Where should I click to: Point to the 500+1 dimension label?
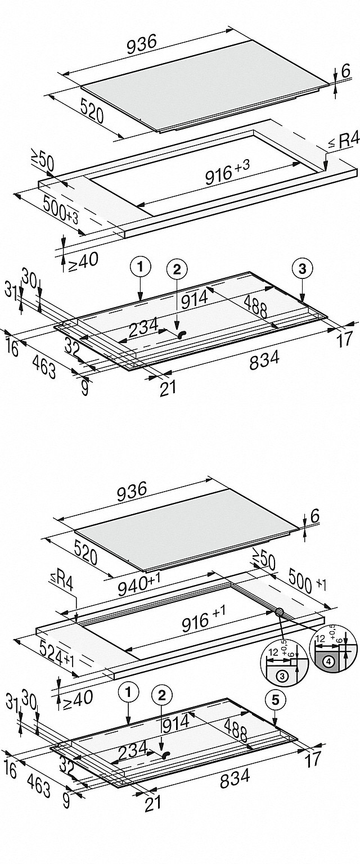tap(307, 580)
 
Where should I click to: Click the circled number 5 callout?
tap(274, 699)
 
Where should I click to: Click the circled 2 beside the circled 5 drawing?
tap(162, 696)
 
